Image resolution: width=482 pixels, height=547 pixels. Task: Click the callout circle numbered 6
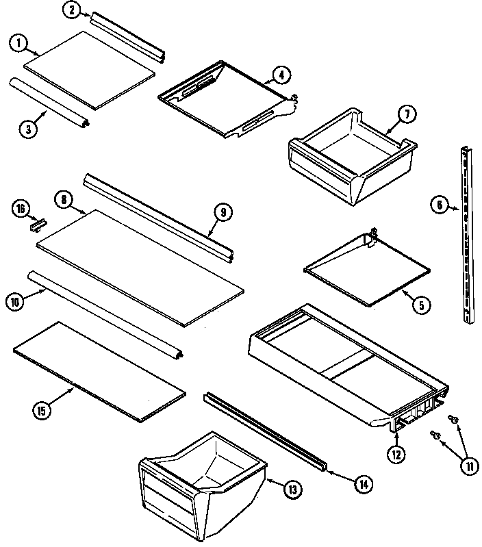[x=439, y=203]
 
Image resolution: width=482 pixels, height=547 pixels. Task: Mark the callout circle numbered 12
[x=396, y=453]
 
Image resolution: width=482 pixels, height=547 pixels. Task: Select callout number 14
[x=364, y=484]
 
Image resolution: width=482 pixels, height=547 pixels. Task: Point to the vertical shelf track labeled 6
[x=467, y=233]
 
